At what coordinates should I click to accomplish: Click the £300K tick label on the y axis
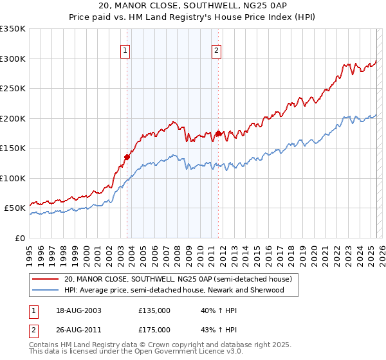click(13, 59)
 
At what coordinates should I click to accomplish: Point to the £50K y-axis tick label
click(15, 208)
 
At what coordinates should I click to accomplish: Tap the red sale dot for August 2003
click(127, 156)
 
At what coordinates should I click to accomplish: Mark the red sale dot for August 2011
click(218, 133)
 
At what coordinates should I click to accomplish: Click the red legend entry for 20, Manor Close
click(178, 279)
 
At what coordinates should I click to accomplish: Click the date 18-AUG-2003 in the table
click(79, 310)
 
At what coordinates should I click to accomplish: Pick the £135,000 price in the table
click(154, 310)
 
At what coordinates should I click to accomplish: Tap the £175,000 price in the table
click(154, 329)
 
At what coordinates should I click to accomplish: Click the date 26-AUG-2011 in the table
click(79, 329)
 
